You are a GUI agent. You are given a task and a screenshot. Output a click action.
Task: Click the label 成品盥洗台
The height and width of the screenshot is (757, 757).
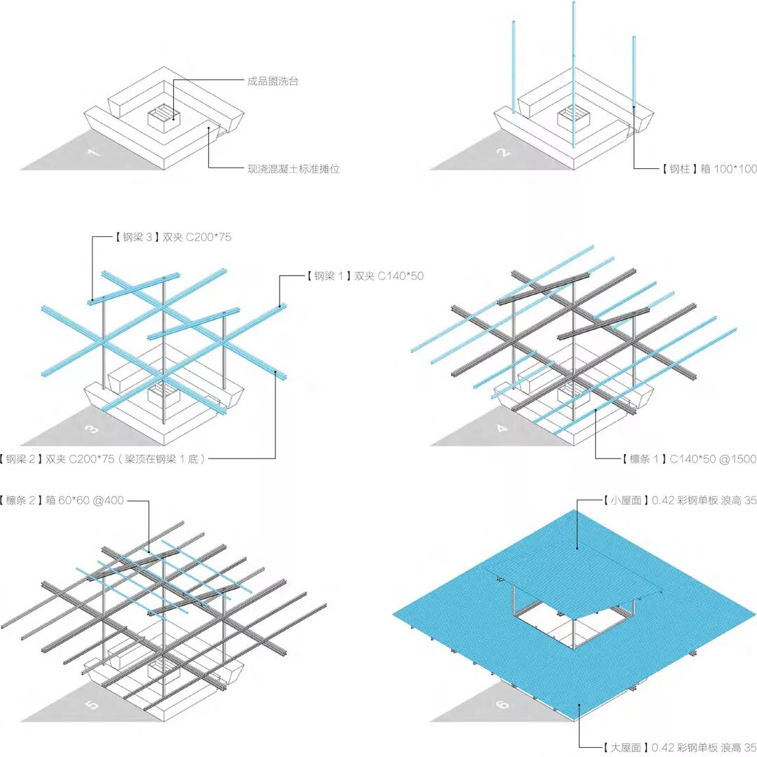(273, 81)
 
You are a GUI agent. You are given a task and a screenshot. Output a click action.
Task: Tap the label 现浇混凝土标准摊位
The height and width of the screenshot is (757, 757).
(293, 169)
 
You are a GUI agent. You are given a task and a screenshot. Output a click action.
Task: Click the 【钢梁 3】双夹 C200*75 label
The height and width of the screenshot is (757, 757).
(172, 238)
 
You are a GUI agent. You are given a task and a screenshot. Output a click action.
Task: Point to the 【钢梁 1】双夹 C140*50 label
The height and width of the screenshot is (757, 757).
(364, 276)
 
